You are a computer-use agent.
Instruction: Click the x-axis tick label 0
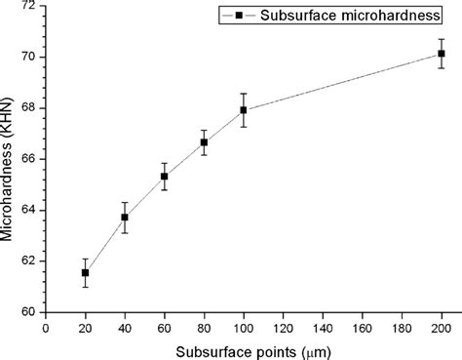click(x=46, y=329)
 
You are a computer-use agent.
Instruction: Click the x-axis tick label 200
click(x=441, y=329)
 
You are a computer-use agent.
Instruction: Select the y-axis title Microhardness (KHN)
click(x=9, y=158)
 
